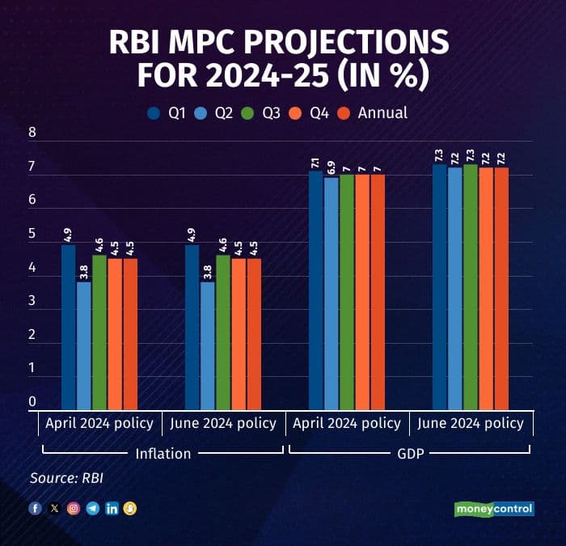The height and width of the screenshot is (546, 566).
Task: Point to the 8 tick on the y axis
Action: point(33,134)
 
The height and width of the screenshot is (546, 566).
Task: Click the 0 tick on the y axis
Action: point(33,401)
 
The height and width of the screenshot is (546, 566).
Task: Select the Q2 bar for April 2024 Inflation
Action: point(84,345)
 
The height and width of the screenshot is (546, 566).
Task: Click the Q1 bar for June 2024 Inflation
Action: point(192,327)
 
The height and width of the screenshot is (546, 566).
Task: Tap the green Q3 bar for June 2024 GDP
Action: point(470,287)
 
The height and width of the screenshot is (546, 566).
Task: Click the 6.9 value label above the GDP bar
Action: point(332,167)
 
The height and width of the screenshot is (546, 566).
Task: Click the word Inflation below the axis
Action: point(163,453)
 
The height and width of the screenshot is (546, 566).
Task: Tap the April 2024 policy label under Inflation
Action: point(99,423)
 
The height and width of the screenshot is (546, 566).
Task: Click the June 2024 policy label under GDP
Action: point(470,423)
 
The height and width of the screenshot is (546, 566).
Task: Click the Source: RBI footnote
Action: point(66,478)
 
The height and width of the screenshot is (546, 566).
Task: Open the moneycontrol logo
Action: point(493,509)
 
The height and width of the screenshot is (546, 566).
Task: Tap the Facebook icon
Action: point(35,508)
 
